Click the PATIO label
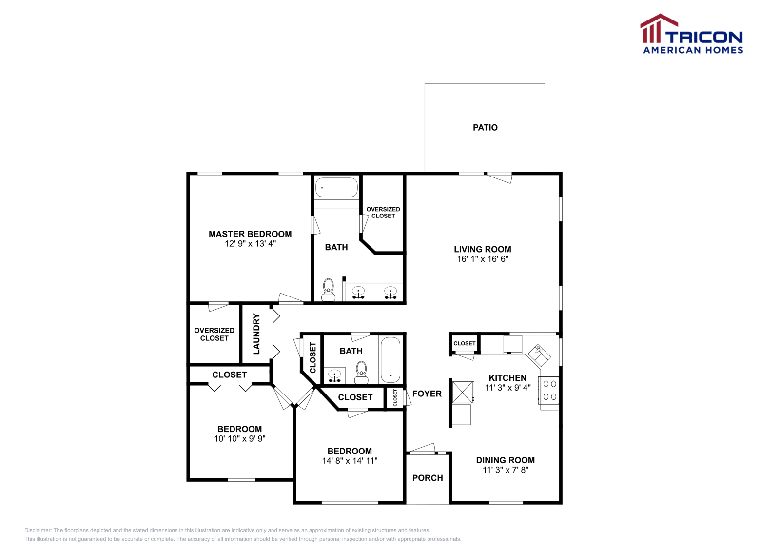(x=485, y=127)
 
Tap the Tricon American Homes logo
(x=691, y=34)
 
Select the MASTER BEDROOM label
(x=250, y=234)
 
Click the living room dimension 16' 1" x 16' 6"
(x=483, y=259)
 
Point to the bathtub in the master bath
(x=336, y=187)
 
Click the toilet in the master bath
(x=328, y=290)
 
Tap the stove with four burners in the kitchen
(x=549, y=390)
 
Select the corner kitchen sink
(x=539, y=355)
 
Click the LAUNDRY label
(x=256, y=334)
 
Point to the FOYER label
(x=427, y=394)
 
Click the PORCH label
(x=428, y=478)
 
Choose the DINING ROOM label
(x=505, y=460)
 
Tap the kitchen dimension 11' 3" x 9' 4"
(x=507, y=387)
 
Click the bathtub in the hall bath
(x=390, y=360)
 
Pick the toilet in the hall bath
(x=361, y=373)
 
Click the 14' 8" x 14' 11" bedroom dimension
(x=350, y=461)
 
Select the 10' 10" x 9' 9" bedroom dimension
(x=239, y=438)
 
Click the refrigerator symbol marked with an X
(x=463, y=392)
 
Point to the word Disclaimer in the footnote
(x=38, y=530)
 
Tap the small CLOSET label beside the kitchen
(x=464, y=343)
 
